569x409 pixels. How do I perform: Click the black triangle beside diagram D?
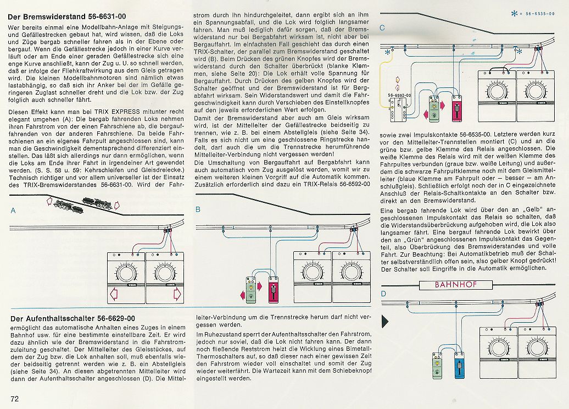coord(385,320)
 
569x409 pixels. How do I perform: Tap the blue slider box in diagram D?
coord(457,363)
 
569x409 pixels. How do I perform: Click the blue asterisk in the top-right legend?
coord(514,12)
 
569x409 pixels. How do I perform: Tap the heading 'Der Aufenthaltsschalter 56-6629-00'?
coord(72,318)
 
